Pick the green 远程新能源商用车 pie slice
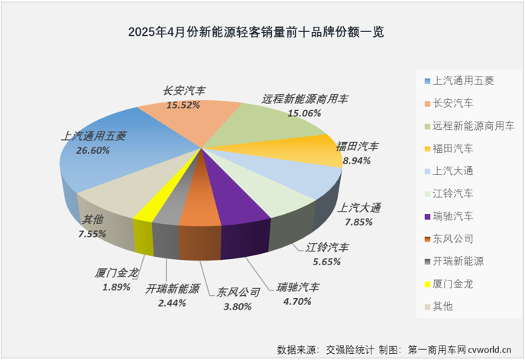[x=260, y=126]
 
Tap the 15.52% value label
[x=183, y=104]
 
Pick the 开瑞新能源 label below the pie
[x=173, y=290]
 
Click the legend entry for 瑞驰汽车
[x=452, y=215]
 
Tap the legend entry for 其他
[x=442, y=306]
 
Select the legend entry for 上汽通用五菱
[x=462, y=79]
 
